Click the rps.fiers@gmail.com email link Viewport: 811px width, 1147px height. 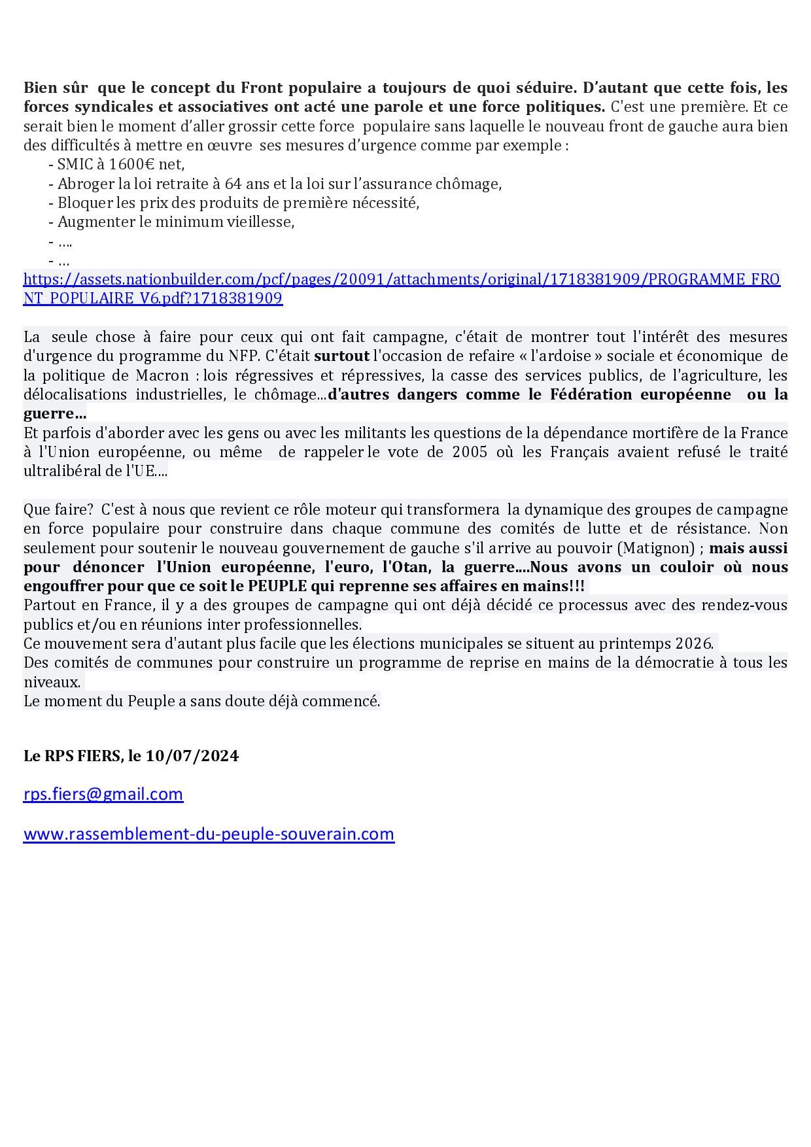click(103, 794)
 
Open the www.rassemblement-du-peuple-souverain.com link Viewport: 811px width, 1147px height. click(209, 834)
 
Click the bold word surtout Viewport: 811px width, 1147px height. click(341, 356)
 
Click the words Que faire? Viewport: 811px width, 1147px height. click(58, 509)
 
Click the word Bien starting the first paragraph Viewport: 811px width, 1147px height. click(41, 88)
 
